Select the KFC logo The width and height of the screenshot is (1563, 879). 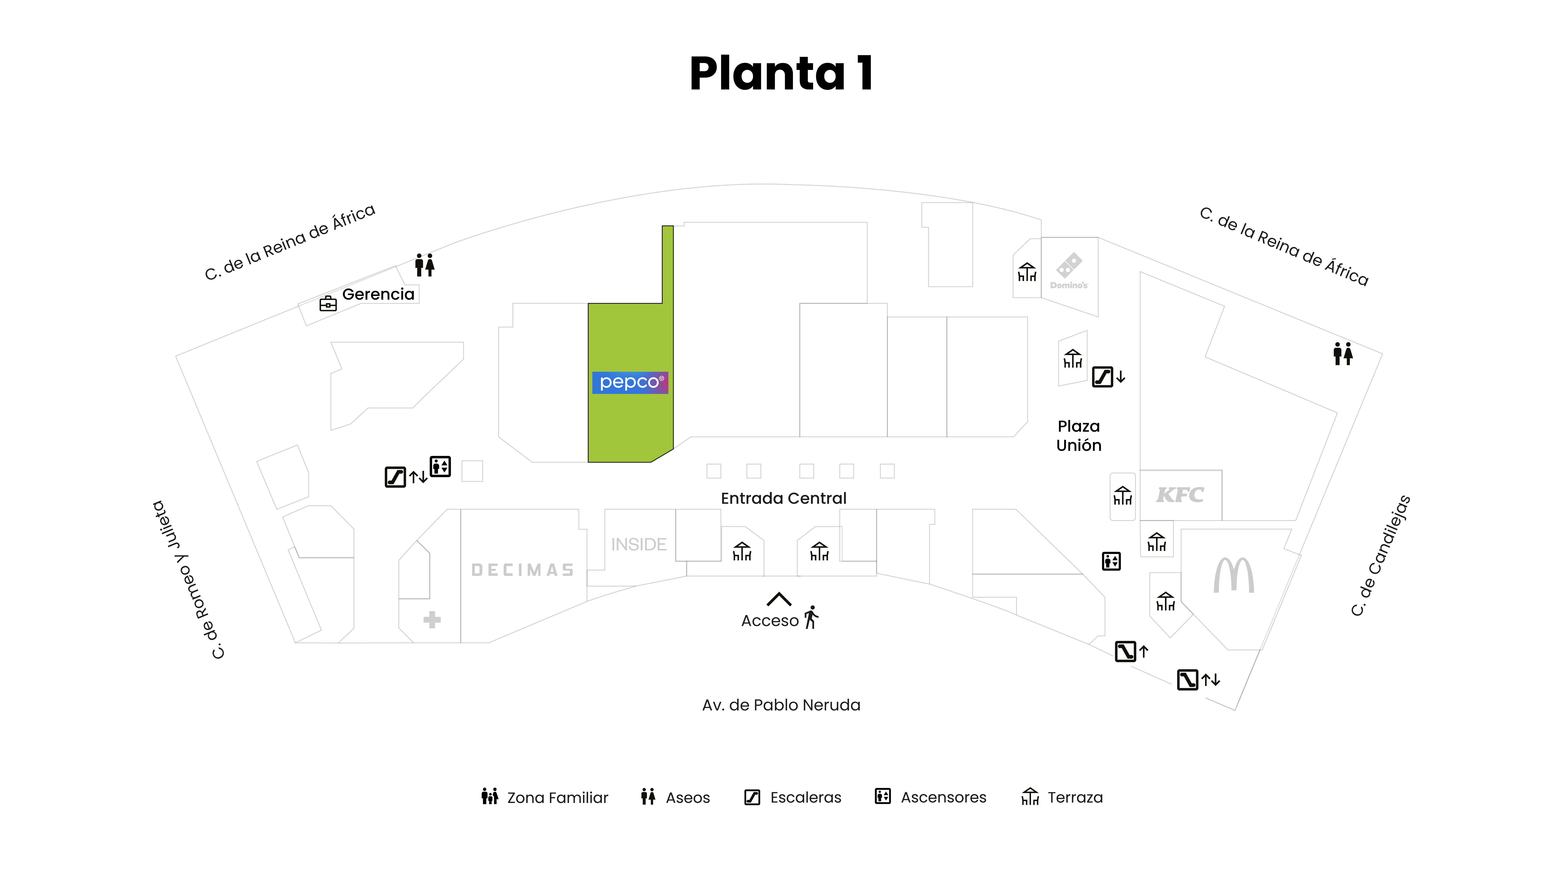(1179, 495)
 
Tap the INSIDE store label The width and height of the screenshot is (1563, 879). (638, 545)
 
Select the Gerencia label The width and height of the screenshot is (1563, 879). (378, 294)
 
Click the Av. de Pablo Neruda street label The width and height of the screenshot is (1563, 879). (781, 705)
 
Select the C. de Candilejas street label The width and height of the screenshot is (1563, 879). (1380, 555)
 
